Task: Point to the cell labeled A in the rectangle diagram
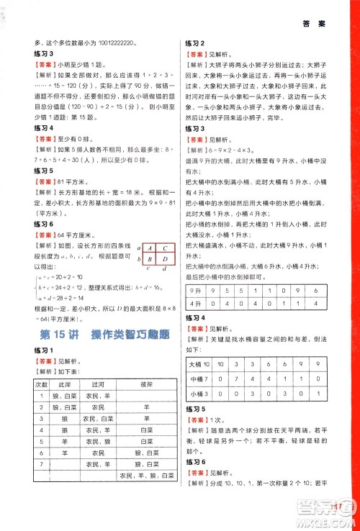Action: coord(150,247)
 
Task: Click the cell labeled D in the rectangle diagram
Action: coord(164,260)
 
